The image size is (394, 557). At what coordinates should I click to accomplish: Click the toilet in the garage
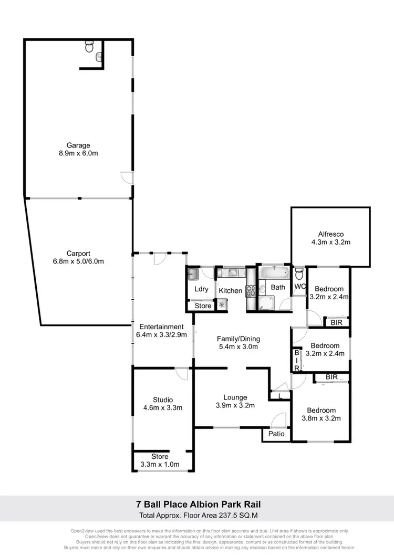coord(89,48)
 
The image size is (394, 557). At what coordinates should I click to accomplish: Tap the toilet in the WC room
coord(299,274)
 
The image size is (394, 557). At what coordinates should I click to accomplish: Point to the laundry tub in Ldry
coord(193,274)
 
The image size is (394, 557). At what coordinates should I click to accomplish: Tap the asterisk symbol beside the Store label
coord(221,305)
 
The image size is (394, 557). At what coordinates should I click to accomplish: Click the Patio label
coord(276,434)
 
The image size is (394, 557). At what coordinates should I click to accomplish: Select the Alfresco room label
coord(330,234)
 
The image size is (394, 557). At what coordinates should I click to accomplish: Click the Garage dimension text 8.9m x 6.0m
coord(78,154)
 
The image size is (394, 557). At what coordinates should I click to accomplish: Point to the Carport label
coord(78,253)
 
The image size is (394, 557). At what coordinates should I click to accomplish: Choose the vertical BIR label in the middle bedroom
coord(296,361)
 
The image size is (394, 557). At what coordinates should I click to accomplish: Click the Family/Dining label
coord(239,339)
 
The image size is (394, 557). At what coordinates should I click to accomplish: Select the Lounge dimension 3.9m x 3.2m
coord(234,405)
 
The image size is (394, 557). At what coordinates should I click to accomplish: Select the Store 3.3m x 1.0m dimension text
coord(160,464)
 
